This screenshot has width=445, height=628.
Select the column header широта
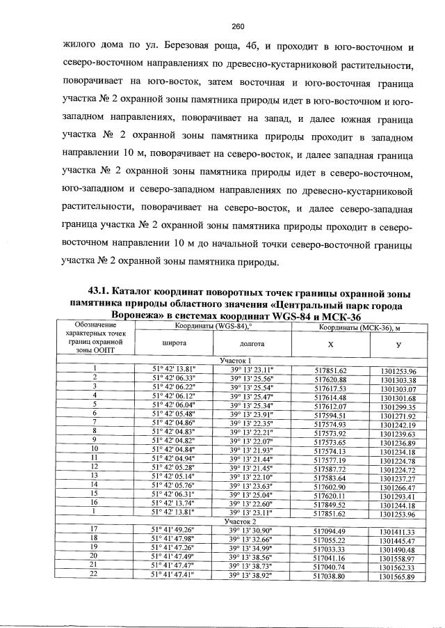pos(173,343)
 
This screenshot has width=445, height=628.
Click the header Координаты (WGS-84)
pos(212,325)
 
